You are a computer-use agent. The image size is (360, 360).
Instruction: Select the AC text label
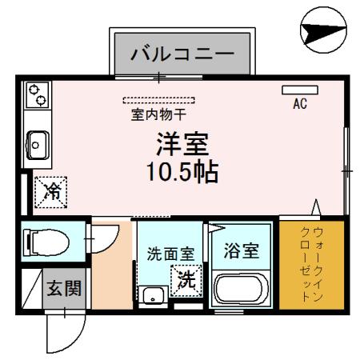coord(300,104)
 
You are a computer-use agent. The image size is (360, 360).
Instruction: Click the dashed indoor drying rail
coord(163,101)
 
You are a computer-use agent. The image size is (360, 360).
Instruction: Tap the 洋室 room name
coord(182,146)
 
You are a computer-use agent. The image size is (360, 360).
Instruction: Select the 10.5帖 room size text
coord(182,171)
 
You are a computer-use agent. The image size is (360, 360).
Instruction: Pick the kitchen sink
coord(36,144)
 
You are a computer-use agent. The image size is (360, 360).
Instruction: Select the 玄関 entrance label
coord(61,287)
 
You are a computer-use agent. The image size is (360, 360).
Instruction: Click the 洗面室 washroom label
coord(169,255)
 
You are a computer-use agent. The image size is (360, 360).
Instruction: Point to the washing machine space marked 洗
coord(186,281)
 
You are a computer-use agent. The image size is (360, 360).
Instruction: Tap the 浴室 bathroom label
coord(240,250)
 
